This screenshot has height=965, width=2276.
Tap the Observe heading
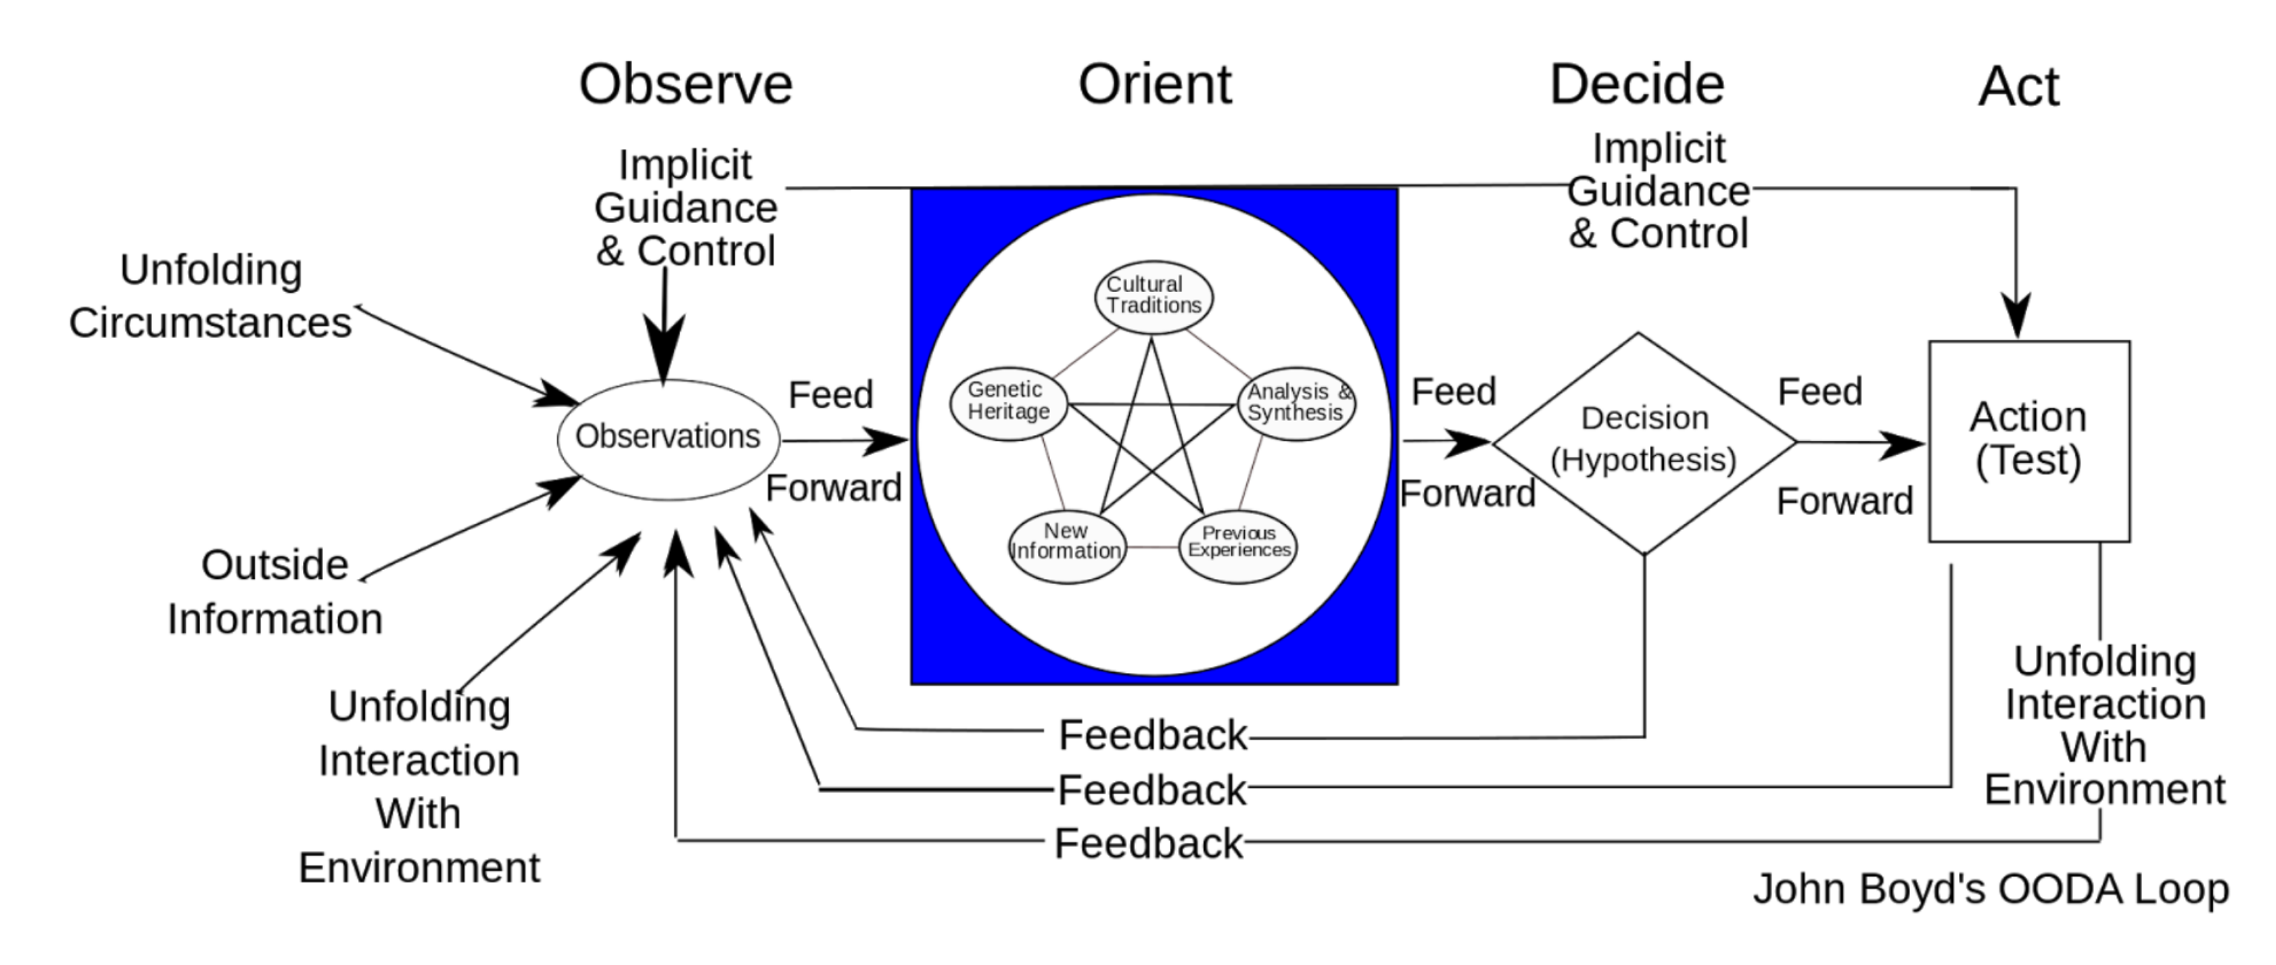point(685,84)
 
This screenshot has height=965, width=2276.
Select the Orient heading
point(1155,84)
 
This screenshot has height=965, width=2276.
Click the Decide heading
point(1637,84)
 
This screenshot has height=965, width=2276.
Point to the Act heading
point(2019,87)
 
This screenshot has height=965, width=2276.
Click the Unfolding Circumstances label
point(210,296)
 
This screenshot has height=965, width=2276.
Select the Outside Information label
point(275,591)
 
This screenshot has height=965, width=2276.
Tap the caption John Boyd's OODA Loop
point(1991,889)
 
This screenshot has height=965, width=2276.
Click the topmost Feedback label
point(1153,735)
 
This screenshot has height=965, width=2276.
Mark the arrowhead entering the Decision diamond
point(1468,442)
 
